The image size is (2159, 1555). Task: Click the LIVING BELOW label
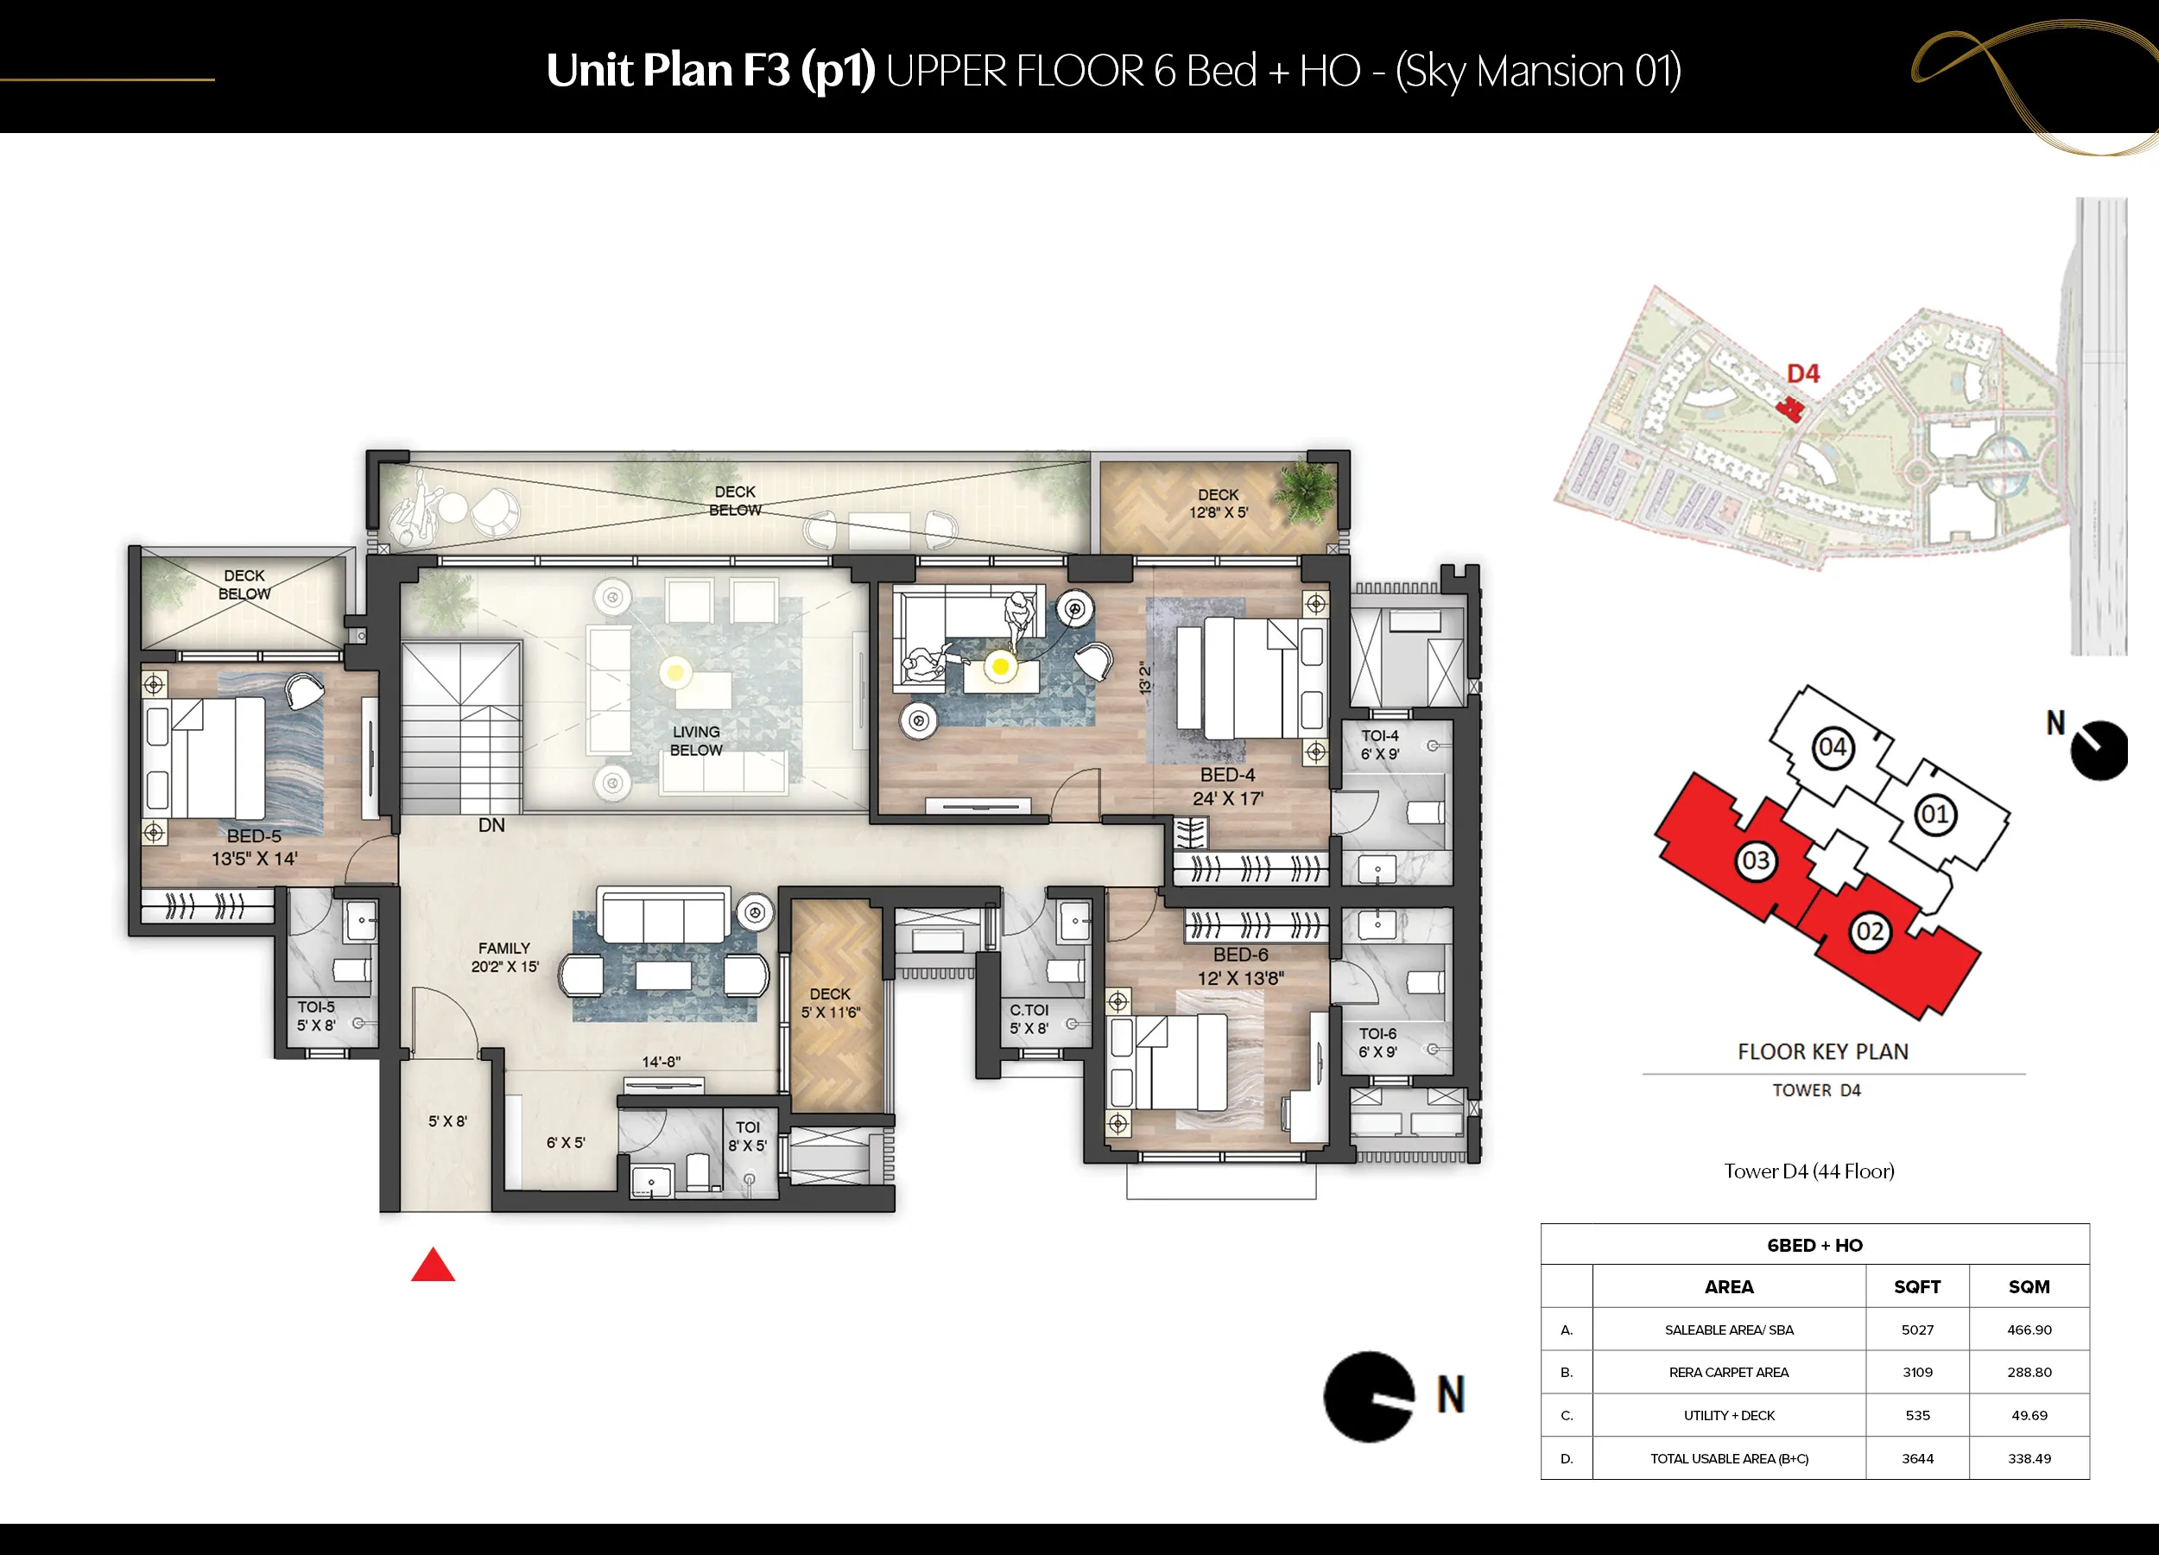(x=696, y=741)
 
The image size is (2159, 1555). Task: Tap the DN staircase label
(x=491, y=825)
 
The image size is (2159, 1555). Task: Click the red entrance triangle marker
(x=434, y=1265)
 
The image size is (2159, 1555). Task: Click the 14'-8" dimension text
(x=661, y=1062)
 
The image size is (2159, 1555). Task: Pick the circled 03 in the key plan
(x=1756, y=860)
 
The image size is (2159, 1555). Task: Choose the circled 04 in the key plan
(x=1833, y=746)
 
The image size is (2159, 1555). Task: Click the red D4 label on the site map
(x=1803, y=373)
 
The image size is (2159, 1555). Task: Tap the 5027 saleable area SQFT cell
(x=1917, y=1330)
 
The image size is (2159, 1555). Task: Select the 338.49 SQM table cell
(x=2029, y=1458)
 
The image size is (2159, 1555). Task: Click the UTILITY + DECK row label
(x=1729, y=1415)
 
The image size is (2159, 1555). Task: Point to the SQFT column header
(x=1917, y=1286)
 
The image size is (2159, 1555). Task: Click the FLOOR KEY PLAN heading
(x=1823, y=1051)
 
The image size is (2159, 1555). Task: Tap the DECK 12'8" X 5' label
(x=1219, y=503)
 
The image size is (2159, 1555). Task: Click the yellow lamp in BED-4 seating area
(x=1001, y=667)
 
